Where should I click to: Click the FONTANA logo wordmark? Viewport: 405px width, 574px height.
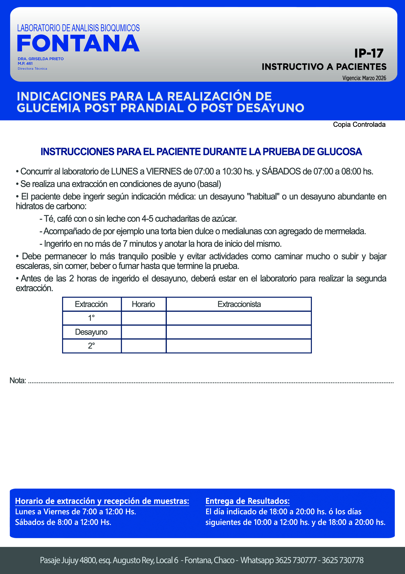(x=78, y=43)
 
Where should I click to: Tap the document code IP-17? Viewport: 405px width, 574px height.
(x=369, y=53)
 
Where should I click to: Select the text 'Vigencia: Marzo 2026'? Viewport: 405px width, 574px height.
(x=364, y=78)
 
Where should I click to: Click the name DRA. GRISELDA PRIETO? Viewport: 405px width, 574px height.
(x=41, y=59)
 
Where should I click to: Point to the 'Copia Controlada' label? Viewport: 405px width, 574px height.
(x=359, y=125)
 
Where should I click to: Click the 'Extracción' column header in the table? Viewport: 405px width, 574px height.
(x=91, y=304)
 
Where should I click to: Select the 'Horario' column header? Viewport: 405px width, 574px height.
(x=143, y=304)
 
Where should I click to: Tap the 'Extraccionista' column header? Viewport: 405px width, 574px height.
(x=239, y=304)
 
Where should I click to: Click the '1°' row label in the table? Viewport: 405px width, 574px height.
(x=91, y=318)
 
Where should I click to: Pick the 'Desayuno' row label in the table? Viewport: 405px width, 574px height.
(x=91, y=332)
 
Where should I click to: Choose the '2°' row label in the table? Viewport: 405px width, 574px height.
(x=91, y=346)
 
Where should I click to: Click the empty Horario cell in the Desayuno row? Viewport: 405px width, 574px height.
(x=144, y=332)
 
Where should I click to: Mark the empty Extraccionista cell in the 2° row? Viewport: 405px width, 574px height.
(x=239, y=346)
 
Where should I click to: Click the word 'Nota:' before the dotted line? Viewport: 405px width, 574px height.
(x=18, y=381)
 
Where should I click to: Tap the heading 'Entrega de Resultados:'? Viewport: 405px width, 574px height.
(x=247, y=501)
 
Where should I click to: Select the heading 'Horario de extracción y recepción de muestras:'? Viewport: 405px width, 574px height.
(x=102, y=501)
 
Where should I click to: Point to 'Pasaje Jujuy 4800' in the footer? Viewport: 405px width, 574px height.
(x=68, y=560)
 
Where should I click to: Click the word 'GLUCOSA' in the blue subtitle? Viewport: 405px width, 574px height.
(x=339, y=152)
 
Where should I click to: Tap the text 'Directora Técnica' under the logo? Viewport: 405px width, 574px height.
(x=32, y=69)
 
